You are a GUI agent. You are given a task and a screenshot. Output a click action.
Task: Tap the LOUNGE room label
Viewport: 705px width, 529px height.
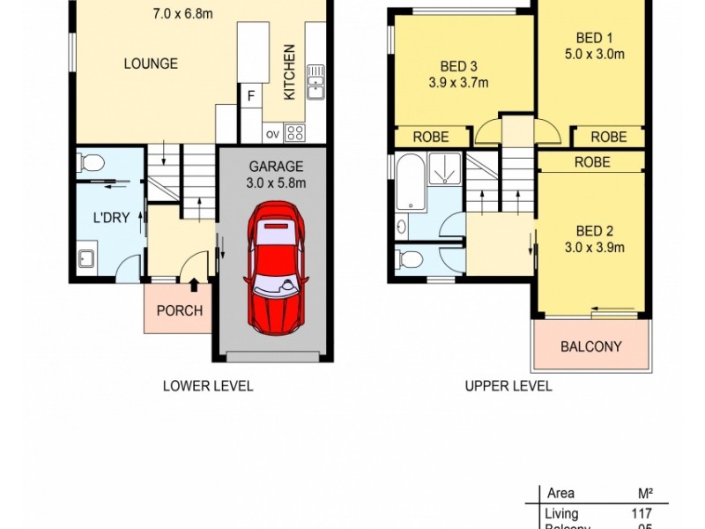point(151,63)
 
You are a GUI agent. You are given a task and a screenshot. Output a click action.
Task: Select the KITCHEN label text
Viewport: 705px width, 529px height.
point(288,71)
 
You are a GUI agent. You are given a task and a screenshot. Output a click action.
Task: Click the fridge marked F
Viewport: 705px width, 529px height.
point(251,95)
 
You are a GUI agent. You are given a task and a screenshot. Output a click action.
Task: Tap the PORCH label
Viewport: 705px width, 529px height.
point(179,310)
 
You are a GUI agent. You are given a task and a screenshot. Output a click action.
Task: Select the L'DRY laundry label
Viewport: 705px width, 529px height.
point(111,218)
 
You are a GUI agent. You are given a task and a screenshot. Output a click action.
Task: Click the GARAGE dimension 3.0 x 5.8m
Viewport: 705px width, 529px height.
point(276,183)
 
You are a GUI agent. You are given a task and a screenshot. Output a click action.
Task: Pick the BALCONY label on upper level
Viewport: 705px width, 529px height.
point(591,346)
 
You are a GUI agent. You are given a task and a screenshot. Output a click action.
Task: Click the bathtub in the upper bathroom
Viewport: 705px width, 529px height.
point(411,183)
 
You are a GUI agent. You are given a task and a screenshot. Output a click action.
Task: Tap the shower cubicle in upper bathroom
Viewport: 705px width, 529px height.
point(446,168)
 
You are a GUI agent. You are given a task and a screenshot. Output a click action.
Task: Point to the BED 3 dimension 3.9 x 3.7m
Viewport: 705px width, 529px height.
point(459,84)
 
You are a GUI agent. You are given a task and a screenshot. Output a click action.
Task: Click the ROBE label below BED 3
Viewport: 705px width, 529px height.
point(431,137)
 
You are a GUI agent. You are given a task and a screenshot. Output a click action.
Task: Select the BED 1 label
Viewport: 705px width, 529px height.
point(595,38)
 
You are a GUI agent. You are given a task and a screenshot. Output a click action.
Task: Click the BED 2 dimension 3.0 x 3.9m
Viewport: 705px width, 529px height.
point(595,247)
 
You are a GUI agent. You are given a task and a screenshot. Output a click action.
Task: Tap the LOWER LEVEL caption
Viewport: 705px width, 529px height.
point(208,385)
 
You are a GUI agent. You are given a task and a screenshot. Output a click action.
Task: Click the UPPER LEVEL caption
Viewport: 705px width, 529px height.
point(508,385)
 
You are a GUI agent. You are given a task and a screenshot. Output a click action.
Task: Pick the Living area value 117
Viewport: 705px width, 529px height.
point(641,513)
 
